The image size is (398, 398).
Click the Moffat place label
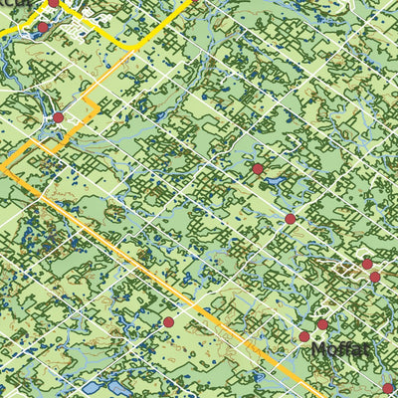coord(341,350)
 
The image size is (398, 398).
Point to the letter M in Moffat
coord(319,351)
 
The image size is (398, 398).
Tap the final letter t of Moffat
coord(366,350)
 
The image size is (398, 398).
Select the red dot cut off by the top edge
coord(53,3)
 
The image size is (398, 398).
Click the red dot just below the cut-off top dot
coord(43,27)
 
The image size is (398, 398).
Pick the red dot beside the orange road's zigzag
coord(58,117)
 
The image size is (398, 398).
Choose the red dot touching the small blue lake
coord(258,169)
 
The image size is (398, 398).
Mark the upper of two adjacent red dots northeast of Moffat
coord(366,264)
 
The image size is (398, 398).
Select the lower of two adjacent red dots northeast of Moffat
coord(374,277)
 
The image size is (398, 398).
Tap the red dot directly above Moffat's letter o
coord(322,324)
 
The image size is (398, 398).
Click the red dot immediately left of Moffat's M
coord(304,336)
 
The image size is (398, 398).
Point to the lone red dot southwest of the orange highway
coord(168,322)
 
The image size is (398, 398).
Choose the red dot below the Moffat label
coord(387,388)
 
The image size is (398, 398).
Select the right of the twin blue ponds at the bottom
coord(110,389)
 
